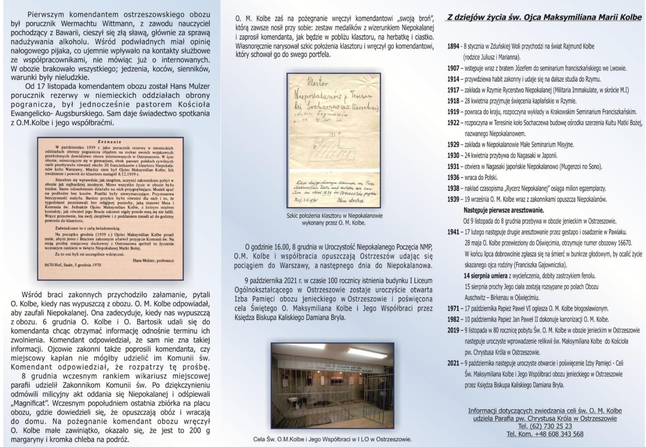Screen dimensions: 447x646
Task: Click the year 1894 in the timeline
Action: (453, 46)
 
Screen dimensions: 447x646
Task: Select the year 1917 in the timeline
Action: (453, 90)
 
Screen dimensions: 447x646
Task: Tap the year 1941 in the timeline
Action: (453, 232)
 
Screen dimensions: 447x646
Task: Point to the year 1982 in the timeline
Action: (453, 319)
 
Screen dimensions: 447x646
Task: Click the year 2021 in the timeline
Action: (453, 363)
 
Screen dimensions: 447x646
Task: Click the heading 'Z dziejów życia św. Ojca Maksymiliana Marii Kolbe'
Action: (544, 18)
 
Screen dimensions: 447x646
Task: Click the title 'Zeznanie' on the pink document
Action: (109, 142)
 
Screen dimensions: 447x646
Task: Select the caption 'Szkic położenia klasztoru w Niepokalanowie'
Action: (334, 216)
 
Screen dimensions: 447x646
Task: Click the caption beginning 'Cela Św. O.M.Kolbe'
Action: (332, 439)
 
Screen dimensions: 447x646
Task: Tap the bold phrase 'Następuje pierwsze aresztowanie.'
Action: (503, 210)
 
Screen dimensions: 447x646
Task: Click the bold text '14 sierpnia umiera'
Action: (485, 276)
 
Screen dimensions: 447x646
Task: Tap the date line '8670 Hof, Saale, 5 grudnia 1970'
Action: (70, 265)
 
